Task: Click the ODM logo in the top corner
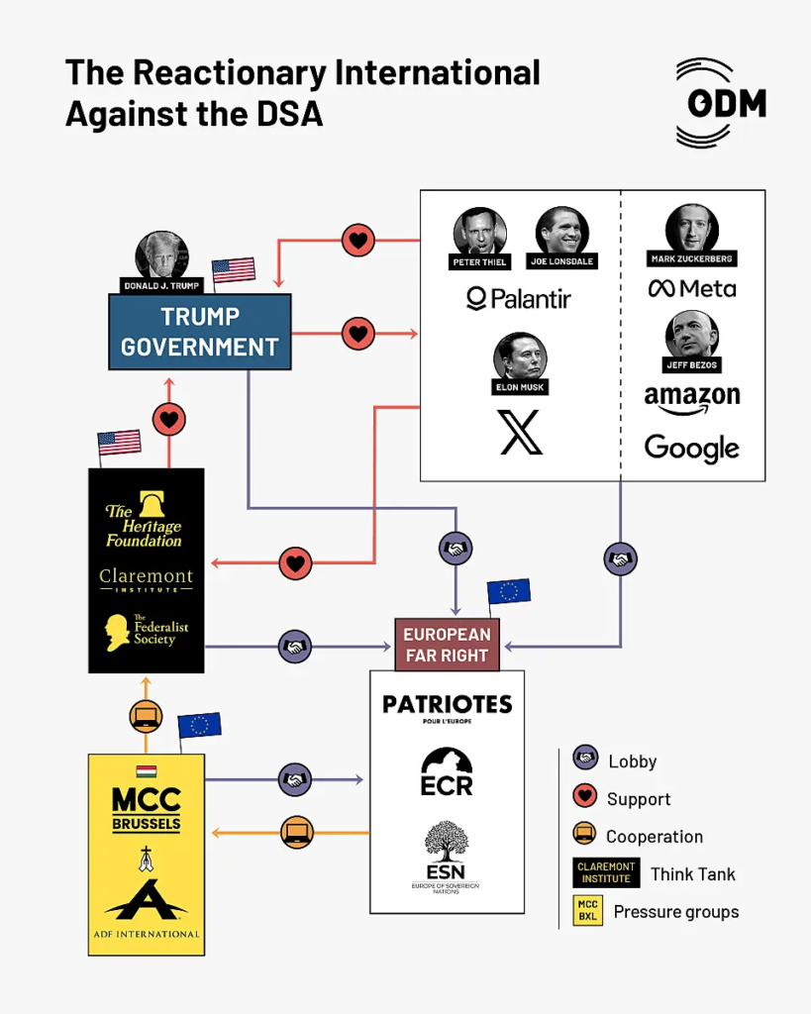click(721, 103)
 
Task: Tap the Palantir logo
click(519, 299)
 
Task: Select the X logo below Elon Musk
click(520, 432)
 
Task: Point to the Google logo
click(691, 448)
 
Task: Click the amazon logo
click(692, 399)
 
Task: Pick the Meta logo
click(692, 288)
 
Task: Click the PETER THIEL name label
click(479, 261)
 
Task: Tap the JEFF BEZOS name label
click(691, 364)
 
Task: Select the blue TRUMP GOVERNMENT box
click(200, 332)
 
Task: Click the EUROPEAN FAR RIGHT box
click(447, 645)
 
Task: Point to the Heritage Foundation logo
click(145, 520)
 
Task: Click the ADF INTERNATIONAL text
click(147, 934)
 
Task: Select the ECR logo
click(447, 771)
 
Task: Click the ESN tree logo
click(446, 857)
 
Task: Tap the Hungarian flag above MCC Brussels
click(147, 770)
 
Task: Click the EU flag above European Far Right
click(508, 591)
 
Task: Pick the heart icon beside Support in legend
click(584, 795)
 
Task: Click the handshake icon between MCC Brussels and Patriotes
click(295, 780)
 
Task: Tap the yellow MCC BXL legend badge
click(587, 911)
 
